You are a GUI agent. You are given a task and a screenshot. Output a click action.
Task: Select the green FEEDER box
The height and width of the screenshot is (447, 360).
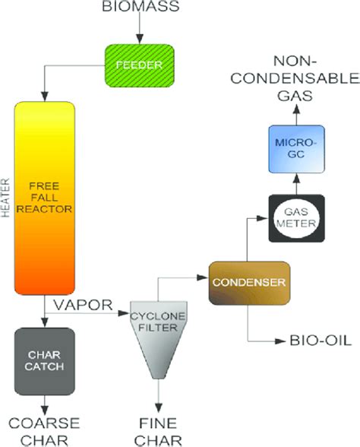point(139,65)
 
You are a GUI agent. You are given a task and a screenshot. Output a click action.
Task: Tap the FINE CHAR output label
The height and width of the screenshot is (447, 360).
point(160,429)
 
